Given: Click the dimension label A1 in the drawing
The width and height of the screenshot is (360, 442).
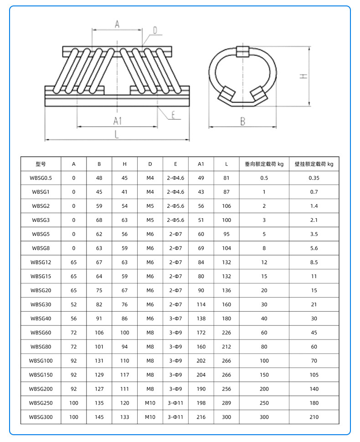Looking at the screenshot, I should pos(117,120).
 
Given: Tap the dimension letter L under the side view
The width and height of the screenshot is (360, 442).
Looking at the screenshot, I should pos(117,134).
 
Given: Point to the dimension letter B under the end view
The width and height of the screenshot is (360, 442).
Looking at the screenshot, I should pos(243,121).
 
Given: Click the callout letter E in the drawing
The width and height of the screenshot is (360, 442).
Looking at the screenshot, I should pos(174,114).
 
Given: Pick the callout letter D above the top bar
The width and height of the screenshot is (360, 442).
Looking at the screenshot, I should pos(155,31).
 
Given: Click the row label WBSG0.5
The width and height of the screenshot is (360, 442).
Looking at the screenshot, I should pos(41,178).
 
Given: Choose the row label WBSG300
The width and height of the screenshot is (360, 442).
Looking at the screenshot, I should pos(41,417).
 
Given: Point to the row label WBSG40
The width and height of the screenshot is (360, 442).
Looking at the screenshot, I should pos(41,319).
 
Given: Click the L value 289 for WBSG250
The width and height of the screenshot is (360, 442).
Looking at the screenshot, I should pos(226,403).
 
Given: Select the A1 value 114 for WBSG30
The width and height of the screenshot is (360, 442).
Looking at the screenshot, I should pos(201,304).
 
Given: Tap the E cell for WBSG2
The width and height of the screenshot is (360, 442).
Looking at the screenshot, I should pos(175,206).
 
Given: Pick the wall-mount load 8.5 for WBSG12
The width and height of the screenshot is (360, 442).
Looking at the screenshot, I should pos(314,262).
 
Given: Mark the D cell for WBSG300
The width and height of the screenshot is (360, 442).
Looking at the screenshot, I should pos(150,417).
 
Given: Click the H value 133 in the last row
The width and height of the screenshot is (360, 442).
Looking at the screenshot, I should pos(124,417).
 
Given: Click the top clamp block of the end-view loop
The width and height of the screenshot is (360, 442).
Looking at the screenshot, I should pos(242,50).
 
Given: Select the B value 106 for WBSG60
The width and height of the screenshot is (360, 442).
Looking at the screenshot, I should pos(99,333).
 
